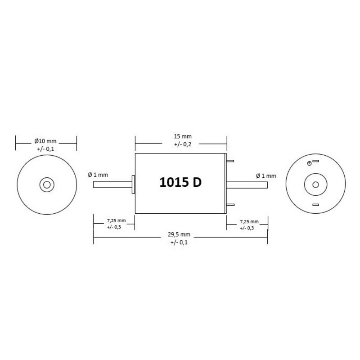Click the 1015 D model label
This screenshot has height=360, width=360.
[180, 183]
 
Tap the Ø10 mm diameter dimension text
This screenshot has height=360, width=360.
[45, 141]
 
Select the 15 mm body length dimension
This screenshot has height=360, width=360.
[183, 136]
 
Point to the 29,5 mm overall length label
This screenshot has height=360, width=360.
[179, 234]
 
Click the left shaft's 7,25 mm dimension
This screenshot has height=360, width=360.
[117, 220]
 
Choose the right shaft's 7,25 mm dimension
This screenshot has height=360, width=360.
[249, 222]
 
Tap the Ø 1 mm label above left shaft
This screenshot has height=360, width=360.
[98, 175]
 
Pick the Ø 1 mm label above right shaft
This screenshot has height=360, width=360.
[266, 176]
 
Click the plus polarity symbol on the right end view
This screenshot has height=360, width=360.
[309, 163]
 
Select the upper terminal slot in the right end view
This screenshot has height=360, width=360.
[316, 161]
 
